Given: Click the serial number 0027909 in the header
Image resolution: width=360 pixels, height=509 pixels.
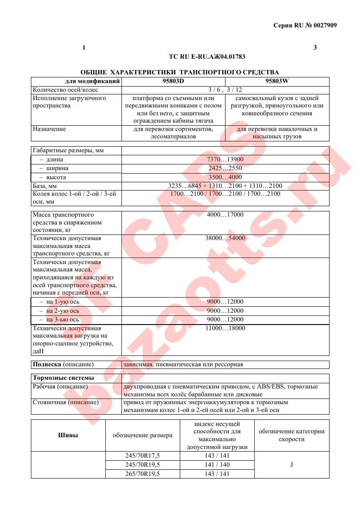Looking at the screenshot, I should pyautogui.click(x=323, y=25).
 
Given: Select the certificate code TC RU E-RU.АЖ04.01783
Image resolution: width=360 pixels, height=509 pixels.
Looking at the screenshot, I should pyautogui.click(x=210, y=57).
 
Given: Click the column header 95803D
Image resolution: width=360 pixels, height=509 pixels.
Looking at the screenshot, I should pyautogui.click(x=173, y=81).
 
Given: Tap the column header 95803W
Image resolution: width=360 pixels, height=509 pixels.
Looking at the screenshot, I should pyautogui.click(x=277, y=81).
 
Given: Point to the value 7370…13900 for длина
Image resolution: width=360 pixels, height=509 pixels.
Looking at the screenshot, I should pyautogui.click(x=225, y=160).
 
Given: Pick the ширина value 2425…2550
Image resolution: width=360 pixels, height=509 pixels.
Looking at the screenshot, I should pyautogui.click(x=225, y=168).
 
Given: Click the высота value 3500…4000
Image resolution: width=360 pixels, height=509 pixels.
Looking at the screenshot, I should pyautogui.click(x=225, y=177).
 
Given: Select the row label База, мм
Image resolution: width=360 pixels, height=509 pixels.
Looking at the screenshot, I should pyautogui.click(x=45, y=186).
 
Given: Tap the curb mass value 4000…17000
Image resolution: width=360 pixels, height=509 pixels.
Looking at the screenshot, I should pyautogui.click(x=225, y=215).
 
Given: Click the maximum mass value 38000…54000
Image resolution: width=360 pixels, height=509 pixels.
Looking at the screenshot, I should pyautogui.click(x=225, y=238).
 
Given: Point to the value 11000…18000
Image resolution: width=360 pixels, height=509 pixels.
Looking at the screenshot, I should pyautogui.click(x=225, y=328).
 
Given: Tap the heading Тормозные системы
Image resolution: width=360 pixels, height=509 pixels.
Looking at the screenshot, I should pyautogui.click(x=64, y=378).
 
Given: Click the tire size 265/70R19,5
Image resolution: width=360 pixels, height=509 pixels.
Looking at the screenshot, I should pyautogui.click(x=143, y=474).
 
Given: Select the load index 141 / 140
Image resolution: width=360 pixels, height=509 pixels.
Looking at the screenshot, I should pyautogui.click(x=217, y=465).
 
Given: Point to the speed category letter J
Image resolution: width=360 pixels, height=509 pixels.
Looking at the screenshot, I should pyautogui.click(x=292, y=465).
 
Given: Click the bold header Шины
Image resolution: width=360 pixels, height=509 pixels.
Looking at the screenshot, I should pyautogui.click(x=68, y=435).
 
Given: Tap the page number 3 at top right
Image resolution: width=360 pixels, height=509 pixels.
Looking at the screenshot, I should pyautogui.click(x=315, y=47).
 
